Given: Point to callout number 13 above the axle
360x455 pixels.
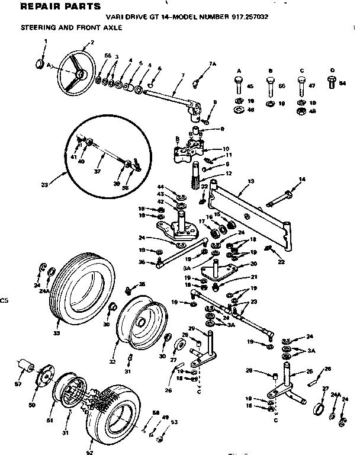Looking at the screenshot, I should point(250,180).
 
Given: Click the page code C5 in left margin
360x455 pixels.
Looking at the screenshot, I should point(5,300).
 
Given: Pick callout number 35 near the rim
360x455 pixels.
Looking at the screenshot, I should point(142,284).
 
